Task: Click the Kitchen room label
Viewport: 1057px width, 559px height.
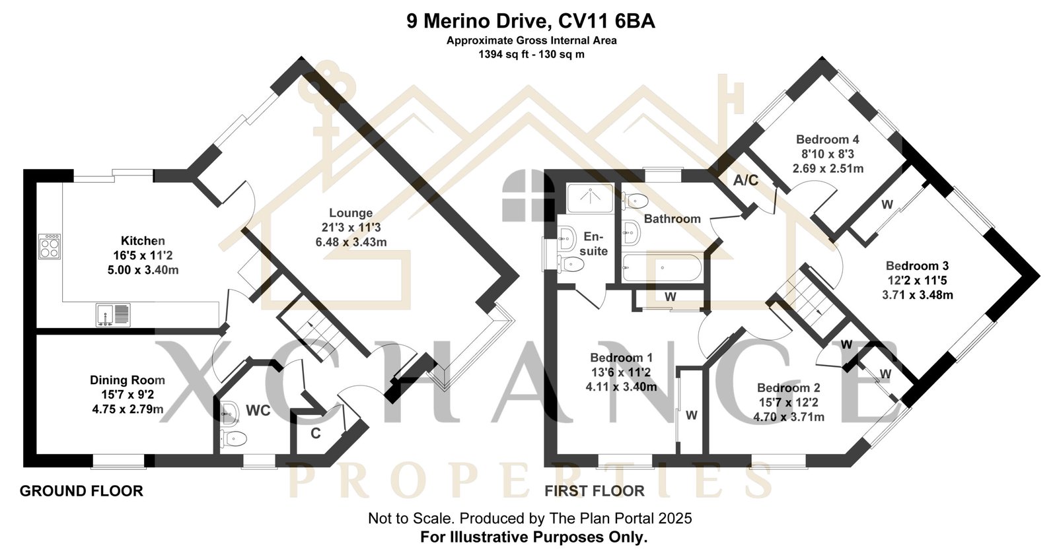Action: pos(143,241)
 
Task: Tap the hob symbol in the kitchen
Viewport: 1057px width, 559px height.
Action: pos(50,246)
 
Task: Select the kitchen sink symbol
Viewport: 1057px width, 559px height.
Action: pos(113,314)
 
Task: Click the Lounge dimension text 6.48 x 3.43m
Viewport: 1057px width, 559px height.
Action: pos(351,242)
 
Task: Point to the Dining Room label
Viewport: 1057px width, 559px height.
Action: pos(128,380)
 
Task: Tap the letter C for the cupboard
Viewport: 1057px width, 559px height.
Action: pos(316,433)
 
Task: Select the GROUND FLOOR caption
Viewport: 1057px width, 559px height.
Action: pos(81,491)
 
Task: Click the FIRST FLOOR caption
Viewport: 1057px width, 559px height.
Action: pos(595,491)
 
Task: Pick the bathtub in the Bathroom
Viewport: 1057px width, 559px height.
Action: pos(661,268)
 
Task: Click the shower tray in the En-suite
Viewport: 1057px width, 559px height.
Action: pos(590,198)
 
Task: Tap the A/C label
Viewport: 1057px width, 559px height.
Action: pos(746,180)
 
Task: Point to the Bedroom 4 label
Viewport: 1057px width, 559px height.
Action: pos(828,139)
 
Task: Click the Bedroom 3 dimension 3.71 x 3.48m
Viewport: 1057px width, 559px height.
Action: pos(918,295)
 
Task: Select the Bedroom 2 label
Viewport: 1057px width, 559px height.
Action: pos(789,388)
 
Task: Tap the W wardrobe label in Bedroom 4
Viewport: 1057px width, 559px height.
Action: pos(887,205)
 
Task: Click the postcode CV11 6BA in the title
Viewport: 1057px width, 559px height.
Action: pos(607,21)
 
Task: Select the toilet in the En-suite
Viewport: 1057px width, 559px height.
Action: pos(571,264)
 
